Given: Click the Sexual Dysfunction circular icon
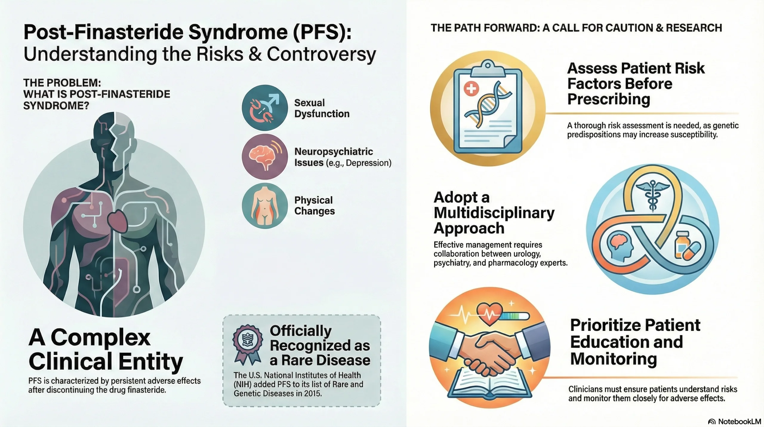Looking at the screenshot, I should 264,108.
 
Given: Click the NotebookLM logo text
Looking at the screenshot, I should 739,422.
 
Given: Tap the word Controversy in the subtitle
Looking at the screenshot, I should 321,54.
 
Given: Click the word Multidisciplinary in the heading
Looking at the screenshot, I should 494,213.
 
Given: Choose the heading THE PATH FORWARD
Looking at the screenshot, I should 576,28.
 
